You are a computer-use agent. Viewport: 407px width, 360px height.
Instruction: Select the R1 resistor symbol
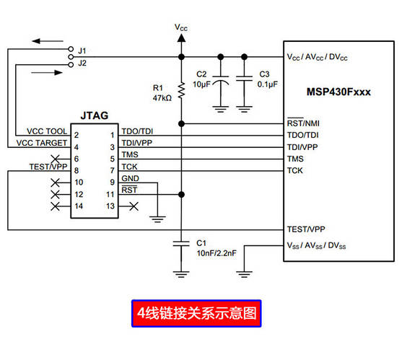click(182, 90)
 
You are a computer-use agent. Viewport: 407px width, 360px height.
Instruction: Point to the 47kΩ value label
click(162, 97)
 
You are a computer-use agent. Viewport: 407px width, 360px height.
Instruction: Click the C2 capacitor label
click(201, 74)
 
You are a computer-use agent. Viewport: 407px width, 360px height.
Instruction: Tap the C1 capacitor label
click(201, 242)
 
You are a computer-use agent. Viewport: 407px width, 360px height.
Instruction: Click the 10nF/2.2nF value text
click(216, 253)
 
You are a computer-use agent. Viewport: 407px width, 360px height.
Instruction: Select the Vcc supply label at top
click(182, 27)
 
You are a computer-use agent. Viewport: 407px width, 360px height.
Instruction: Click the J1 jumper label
click(82, 51)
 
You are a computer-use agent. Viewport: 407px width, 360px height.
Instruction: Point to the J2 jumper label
click(82, 63)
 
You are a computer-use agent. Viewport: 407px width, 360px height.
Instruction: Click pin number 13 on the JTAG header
click(111, 206)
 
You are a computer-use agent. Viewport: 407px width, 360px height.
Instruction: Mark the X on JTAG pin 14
click(55, 206)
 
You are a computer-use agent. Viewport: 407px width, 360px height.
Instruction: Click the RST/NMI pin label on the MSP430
click(303, 123)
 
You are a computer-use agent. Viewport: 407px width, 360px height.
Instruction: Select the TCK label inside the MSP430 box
click(295, 171)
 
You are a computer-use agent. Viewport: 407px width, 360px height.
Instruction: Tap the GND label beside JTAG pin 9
click(131, 178)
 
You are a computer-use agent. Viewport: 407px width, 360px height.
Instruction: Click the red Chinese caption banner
click(196, 313)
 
